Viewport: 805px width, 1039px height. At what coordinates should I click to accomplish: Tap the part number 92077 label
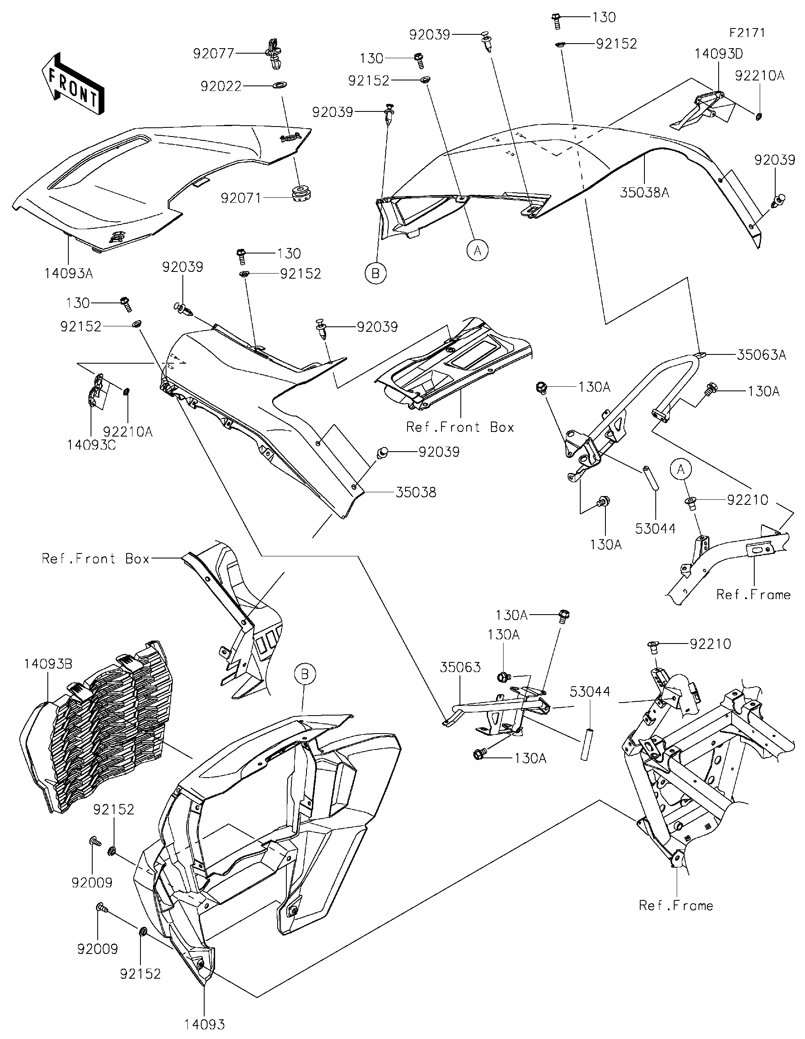coord(214,53)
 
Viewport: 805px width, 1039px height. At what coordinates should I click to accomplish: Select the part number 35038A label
coord(644,192)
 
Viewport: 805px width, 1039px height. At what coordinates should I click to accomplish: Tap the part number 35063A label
coord(761,354)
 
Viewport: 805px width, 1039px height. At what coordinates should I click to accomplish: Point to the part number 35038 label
coord(415,492)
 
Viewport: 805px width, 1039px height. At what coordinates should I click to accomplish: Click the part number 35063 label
coord(460,667)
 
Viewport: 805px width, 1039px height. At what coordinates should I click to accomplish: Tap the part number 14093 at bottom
coord(205,1024)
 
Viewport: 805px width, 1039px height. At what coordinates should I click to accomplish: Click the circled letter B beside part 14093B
coord(305,674)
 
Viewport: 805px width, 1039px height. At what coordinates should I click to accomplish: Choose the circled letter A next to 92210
coord(681,470)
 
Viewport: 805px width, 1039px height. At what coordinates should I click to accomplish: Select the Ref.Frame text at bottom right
coord(676,905)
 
